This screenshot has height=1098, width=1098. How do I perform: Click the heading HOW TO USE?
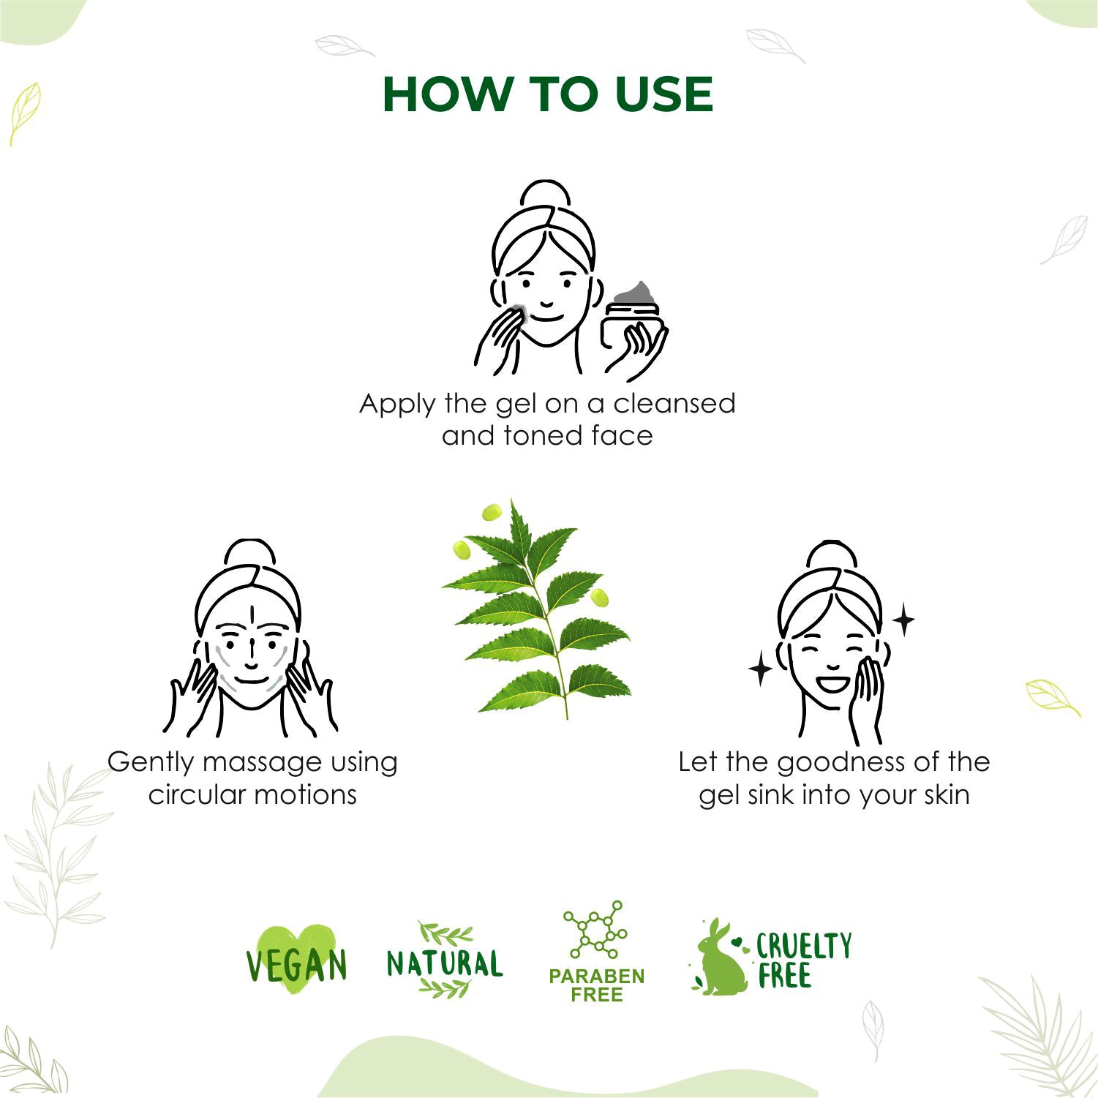tap(547, 94)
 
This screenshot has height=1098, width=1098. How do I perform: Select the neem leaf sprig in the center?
tap(537, 609)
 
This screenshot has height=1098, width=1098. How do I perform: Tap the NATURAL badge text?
tap(445, 963)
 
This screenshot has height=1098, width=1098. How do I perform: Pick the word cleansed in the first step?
tap(674, 404)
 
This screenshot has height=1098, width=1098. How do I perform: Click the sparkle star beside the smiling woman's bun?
tap(904, 620)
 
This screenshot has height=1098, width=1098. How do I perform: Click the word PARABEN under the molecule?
tap(596, 977)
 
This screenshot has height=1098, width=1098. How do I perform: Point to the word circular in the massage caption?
tap(192, 794)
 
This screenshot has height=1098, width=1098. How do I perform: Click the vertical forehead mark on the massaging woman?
tap(251, 614)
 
